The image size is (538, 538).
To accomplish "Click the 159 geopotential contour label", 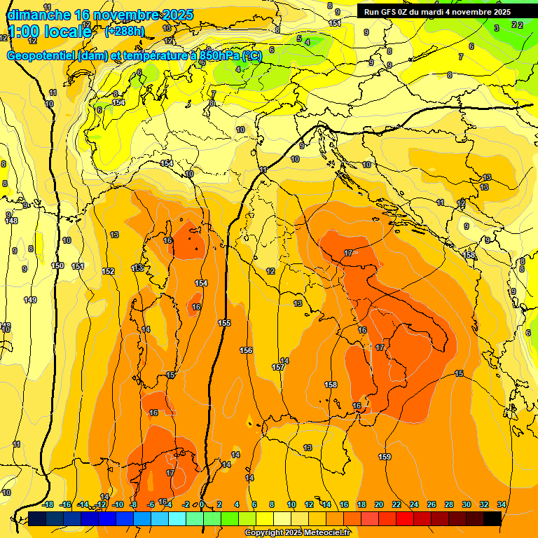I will [385, 457].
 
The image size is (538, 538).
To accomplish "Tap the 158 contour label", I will [331, 385].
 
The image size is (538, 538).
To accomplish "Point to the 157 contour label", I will [278, 367].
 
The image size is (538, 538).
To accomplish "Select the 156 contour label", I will [246, 350].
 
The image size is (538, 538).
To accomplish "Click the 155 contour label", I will [224, 323].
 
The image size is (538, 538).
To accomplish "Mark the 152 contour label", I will [108, 271].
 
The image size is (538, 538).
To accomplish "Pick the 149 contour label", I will [30, 300].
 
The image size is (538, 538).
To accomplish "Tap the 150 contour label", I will [57, 265].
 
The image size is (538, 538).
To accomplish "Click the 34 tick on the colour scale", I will [501, 504].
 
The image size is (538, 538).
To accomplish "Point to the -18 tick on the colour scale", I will [48, 504].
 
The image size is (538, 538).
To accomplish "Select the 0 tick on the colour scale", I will [202, 504].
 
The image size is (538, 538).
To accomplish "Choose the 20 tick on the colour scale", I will [379, 504].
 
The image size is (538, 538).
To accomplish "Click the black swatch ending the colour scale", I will [492, 518].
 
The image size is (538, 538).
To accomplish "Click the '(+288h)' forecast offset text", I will [124, 31].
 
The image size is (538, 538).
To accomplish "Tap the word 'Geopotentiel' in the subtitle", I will [41, 56].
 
